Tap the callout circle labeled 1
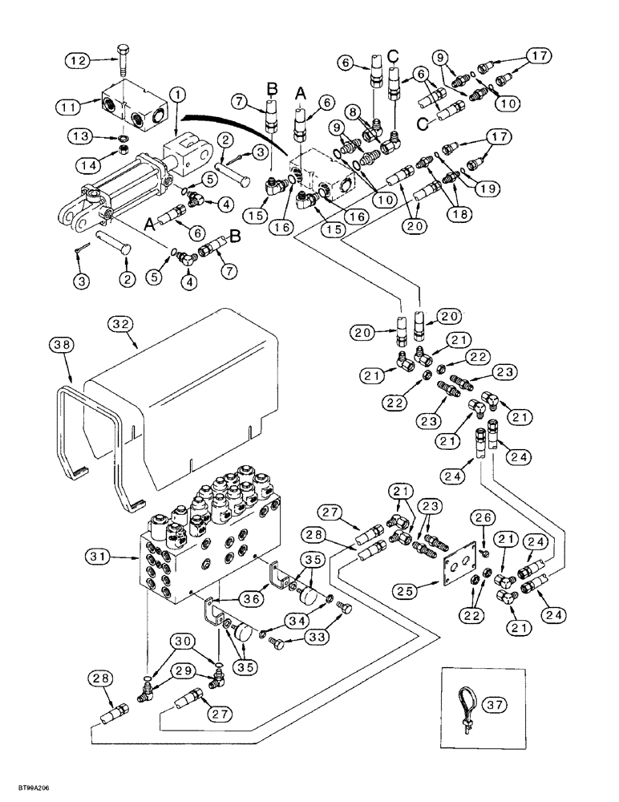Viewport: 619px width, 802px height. [177, 94]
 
